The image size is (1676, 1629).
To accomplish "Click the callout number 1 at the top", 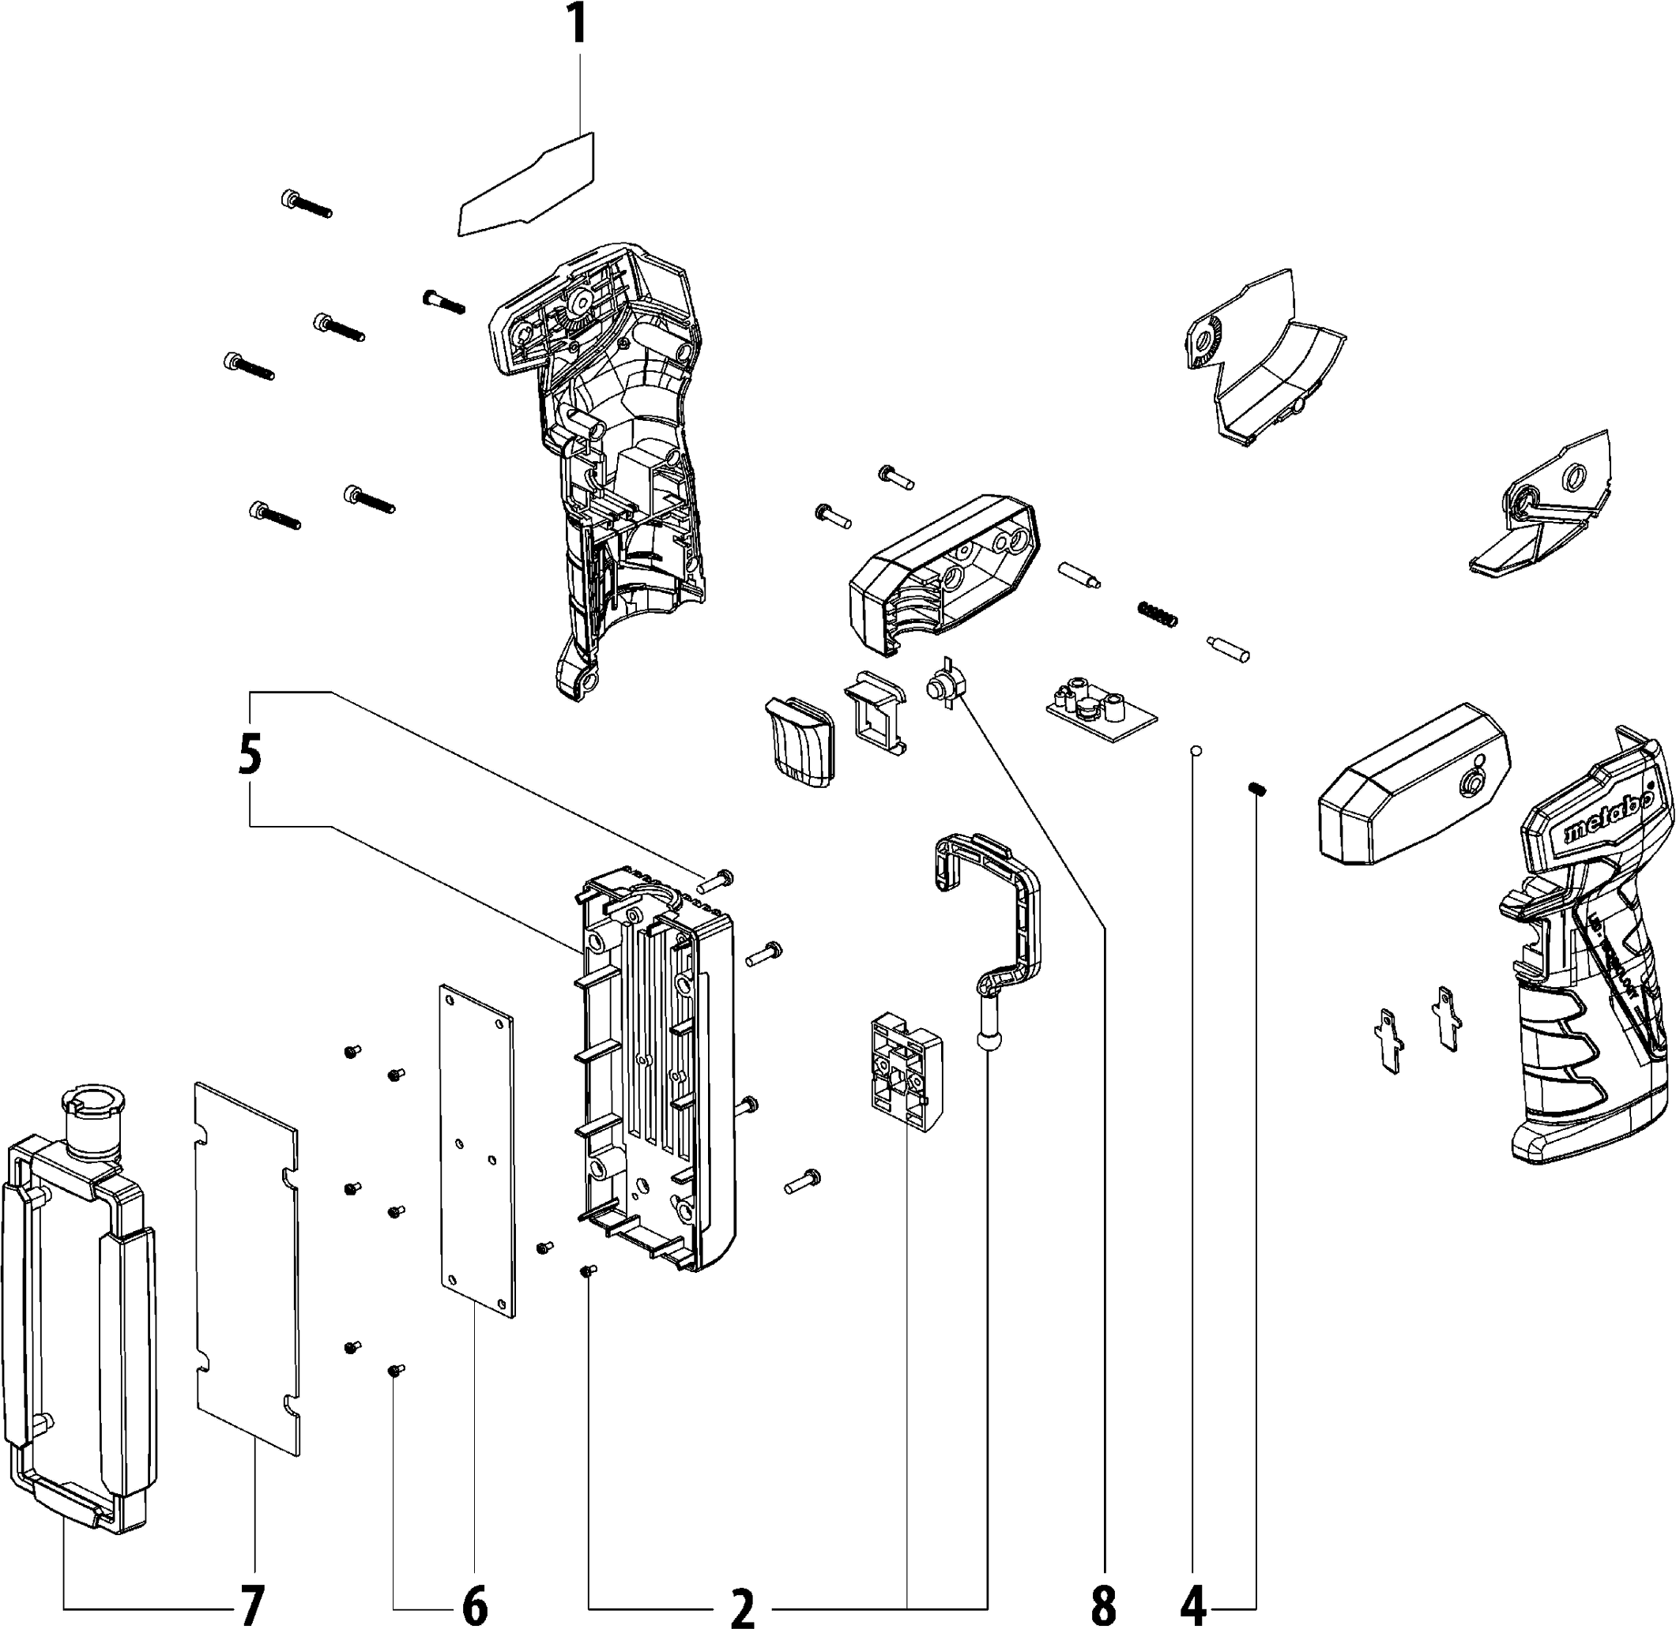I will tap(578, 23).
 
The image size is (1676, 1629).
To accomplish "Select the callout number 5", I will tap(249, 757).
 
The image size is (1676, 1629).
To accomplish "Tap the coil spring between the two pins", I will tap(1158, 612).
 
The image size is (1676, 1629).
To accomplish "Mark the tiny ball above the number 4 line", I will tap(1196, 751).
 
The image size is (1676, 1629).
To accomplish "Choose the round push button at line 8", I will tap(945, 685).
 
